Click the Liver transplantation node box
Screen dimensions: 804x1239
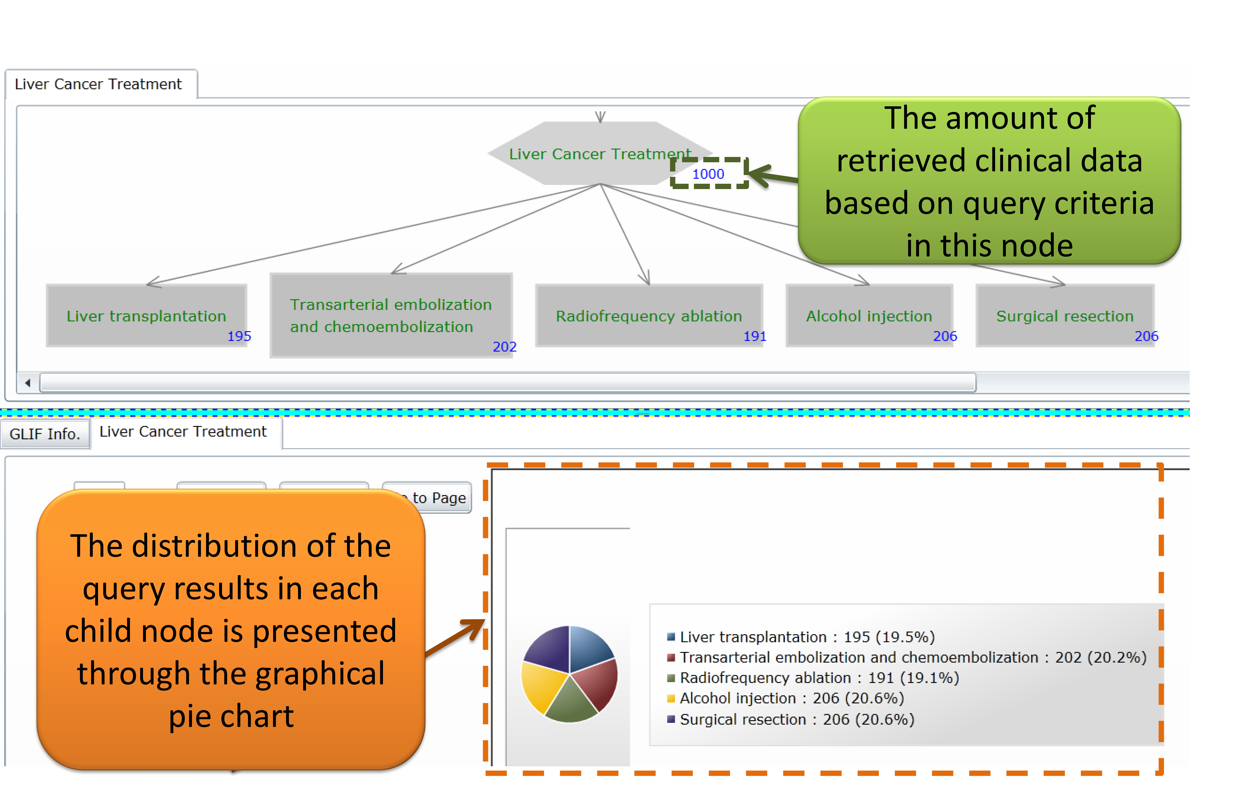tap(146, 316)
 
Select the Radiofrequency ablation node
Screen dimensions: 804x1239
tap(649, 316)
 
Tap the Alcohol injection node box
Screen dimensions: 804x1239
tap(869, 316)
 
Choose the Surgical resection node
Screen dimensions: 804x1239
tap(1065, 316)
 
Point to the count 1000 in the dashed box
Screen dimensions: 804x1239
tap(708, 174)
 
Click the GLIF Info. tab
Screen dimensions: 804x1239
tap(45, 434)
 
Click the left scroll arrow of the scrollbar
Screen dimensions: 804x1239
tap(28, 383)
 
